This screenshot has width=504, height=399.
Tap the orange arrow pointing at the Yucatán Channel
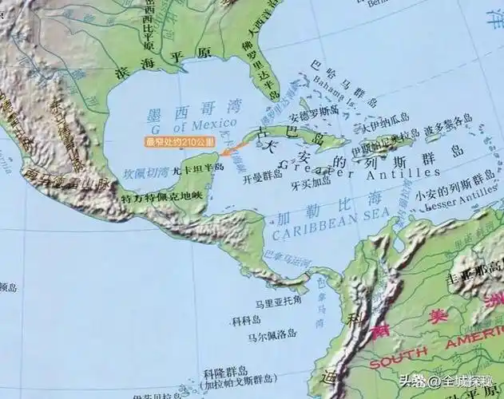[x=231, y=149]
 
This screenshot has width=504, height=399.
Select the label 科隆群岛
[x=226, y=371]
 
